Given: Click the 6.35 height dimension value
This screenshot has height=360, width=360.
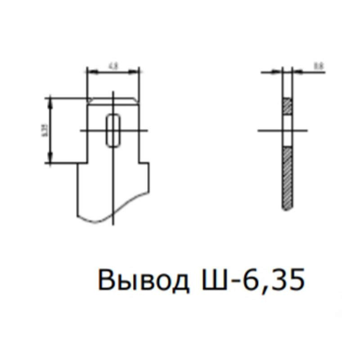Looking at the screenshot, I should (x=44, y=130).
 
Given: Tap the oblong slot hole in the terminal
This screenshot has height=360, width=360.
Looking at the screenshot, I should (x=113, y=130).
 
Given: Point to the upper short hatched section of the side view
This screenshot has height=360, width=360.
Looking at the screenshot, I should (x=288, y=106).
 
